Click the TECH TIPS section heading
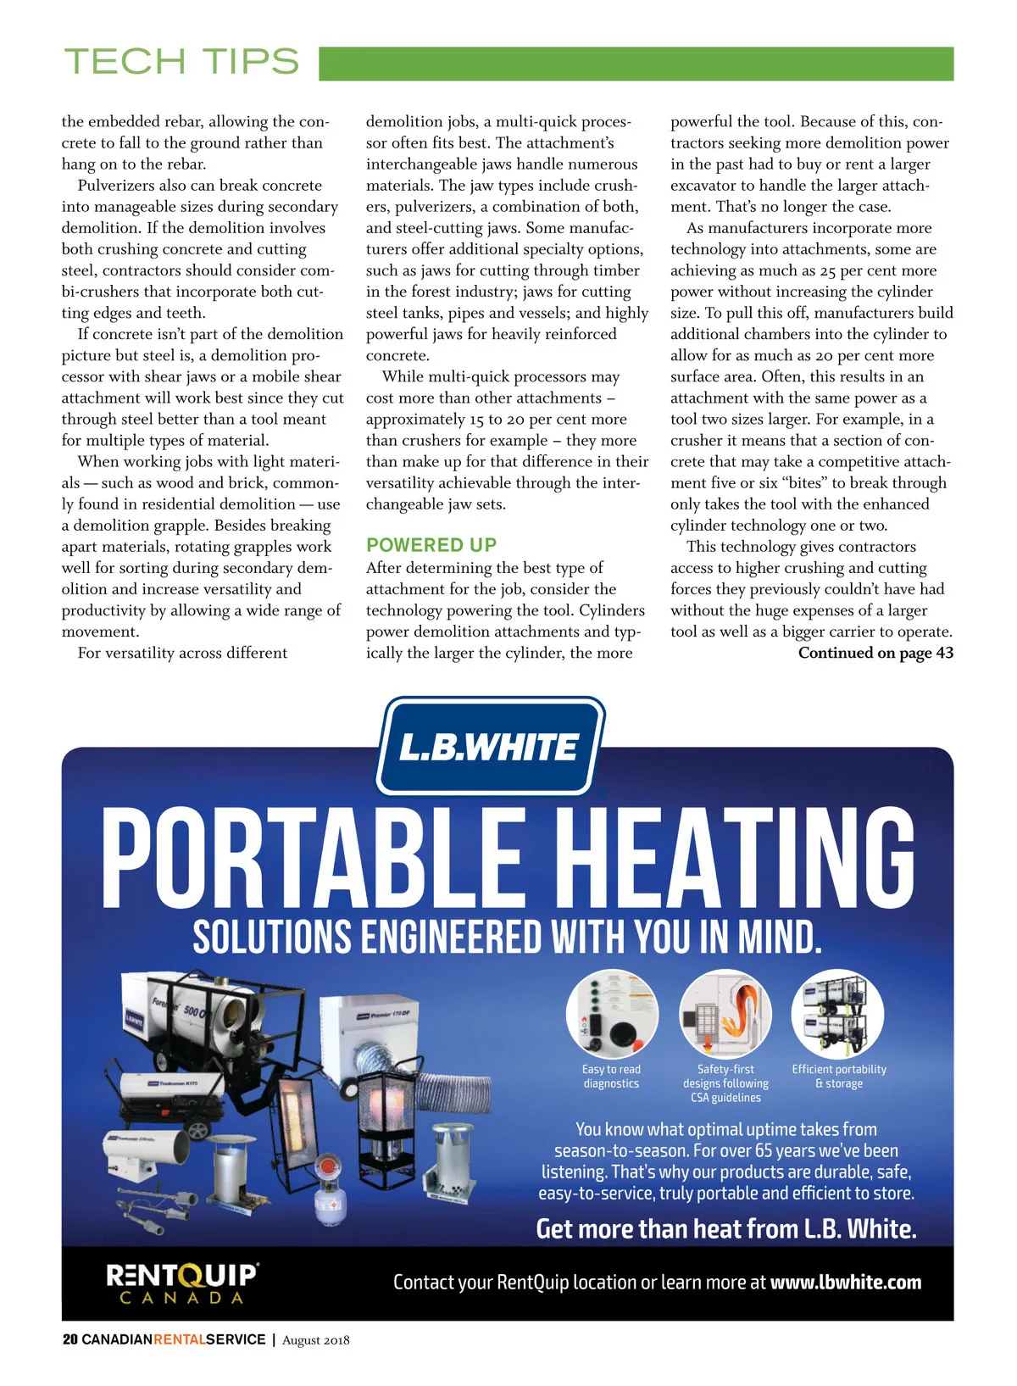click(181, 62)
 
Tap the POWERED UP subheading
click(431, 545)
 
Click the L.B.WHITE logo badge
click(490, 748)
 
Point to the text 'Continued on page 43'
click(875, 653)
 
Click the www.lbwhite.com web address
click(845, 1282)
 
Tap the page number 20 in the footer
click(69, 1339)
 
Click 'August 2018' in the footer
click(315, 1340)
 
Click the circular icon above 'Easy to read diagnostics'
click(612, 1013)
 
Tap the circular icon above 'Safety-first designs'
click(725, 1013)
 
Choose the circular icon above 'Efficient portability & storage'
click(838, 1013)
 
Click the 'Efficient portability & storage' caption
click(839, 1077)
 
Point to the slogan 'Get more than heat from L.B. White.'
click(726, 1228)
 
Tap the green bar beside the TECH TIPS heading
click(636, 64)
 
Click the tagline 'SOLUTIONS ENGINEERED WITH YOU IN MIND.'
click(507, 938)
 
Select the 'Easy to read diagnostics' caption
click(611, 1077)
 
